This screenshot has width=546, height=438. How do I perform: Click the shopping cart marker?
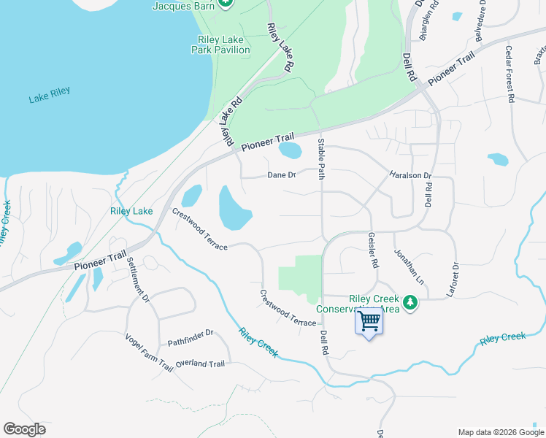(x=369, y=321)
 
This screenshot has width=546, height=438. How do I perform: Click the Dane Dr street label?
(x=281, y=175)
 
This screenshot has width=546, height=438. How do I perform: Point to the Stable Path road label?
(x=320, y=158)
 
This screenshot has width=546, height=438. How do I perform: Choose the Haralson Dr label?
(x=411, y=176)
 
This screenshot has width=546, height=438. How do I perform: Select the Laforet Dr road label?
(x=455, y=278)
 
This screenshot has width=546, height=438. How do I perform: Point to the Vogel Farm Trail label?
(x=149, y=353)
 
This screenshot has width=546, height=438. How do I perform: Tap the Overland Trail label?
(x=200, y=364)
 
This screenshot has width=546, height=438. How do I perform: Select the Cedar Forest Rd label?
(x=510, y=74)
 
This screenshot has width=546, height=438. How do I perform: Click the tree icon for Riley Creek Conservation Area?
(x=410, y=301)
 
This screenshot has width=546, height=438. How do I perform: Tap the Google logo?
(x=24, y=429)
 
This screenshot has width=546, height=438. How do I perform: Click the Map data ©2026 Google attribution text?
(x=500, y=431)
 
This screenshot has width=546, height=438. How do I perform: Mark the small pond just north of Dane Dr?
(x=290, y=150)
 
